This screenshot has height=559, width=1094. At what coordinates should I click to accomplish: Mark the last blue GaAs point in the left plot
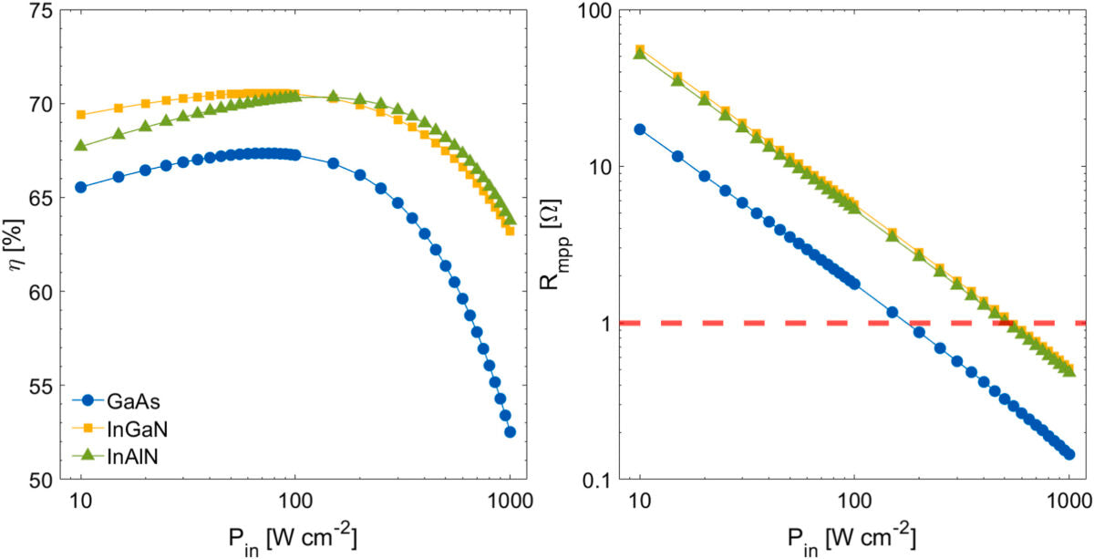coord(510,432)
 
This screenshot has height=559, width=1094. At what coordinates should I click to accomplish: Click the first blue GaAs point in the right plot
coord(640,129)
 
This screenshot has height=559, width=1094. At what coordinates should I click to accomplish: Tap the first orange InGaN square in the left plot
coord(81,115)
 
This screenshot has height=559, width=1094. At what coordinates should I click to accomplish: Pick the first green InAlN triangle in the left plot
coord(81,145)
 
